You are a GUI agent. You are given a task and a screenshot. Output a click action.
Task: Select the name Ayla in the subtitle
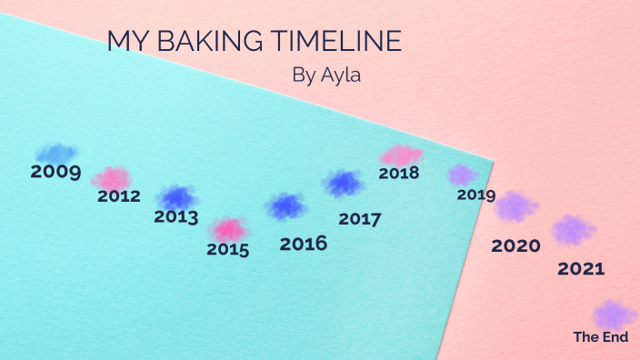[x=341, y=75]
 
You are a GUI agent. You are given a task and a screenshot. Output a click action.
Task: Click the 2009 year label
[x=55, y=171]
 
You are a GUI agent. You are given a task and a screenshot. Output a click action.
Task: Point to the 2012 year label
[x=119, y=195]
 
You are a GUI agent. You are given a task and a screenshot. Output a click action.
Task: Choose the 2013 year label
[x=175, y=217]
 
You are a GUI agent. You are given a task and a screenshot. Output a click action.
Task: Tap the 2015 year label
[x=227, y=249]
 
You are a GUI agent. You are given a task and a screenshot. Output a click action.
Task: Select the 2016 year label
[x=304, y=244]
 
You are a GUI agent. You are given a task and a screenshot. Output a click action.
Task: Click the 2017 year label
[x=359, y=219]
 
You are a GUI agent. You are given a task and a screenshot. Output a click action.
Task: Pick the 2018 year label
[x=398, y=173]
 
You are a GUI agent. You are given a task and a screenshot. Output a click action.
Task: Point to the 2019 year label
[x=475, y=195]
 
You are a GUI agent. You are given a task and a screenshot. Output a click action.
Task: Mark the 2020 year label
[x=515, y=245]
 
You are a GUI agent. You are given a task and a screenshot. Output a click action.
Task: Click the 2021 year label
[x=581, y=269]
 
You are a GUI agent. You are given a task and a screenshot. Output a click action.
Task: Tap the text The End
[x=600, y=336]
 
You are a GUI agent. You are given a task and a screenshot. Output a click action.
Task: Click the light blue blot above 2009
[x=55, y=153]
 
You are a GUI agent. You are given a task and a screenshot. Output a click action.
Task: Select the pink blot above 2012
[x=113, y=177]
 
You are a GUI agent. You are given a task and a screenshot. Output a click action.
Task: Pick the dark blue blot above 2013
[x=176, y=197]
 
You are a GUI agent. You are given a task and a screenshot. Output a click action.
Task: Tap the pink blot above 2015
[x=228, y=229]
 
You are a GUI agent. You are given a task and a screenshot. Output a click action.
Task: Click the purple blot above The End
[x=614, y=315]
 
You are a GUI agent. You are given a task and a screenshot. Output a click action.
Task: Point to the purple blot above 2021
[x=573, y=229]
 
